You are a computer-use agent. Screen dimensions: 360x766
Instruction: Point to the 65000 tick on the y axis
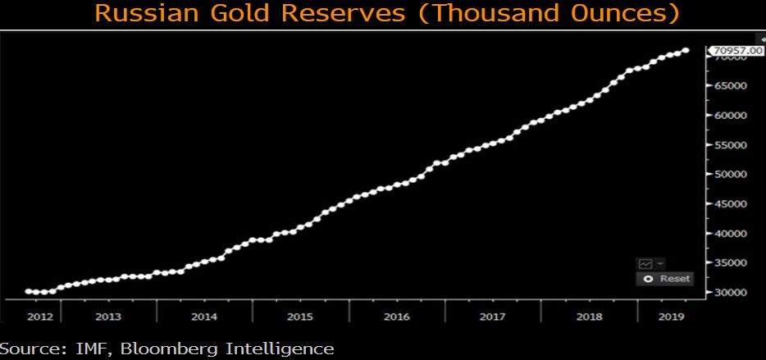tap(730, 85)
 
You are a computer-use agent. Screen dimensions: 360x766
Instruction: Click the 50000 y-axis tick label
tap(730, 174)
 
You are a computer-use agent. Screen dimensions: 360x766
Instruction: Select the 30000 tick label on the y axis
tap(730, 292)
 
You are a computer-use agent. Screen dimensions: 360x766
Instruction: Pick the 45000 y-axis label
tap(730, 203)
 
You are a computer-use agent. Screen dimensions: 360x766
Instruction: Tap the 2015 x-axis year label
tap(299, 316)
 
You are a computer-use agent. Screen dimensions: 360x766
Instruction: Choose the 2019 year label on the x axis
tap(672, 316)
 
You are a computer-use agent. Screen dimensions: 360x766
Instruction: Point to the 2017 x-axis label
tap(492, 316)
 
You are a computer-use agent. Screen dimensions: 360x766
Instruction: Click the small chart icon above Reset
tap(645, 263)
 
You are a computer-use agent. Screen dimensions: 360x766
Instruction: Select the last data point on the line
tap(686, 51)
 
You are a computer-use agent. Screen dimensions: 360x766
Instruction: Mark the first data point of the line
tap(29, 290)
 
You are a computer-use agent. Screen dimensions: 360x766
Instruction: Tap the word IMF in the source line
tap(85, 349)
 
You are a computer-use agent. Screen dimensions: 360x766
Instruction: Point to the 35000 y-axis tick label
tap(730, 262)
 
